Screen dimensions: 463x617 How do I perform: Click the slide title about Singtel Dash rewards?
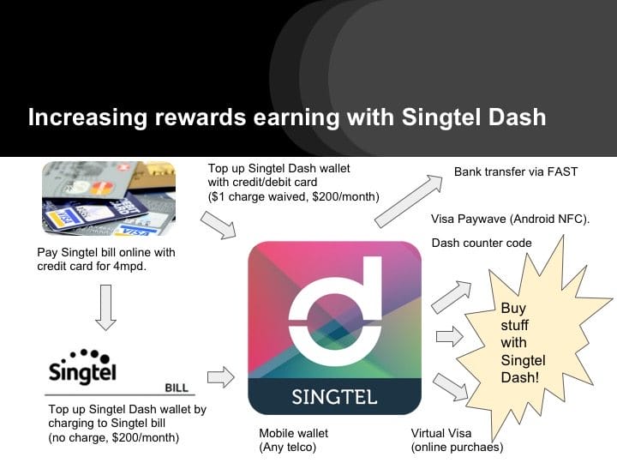point(286,117)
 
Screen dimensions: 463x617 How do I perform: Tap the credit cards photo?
point(108,199)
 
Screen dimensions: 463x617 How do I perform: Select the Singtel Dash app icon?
point(334,327)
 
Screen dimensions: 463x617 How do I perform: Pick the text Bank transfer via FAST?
point(515,171)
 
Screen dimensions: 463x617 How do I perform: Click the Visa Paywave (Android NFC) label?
point(510,219)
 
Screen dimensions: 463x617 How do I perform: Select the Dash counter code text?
point(481,243)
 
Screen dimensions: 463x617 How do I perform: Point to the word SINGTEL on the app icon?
point(334,397)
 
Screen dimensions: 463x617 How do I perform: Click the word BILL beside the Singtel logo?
point(176,388)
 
